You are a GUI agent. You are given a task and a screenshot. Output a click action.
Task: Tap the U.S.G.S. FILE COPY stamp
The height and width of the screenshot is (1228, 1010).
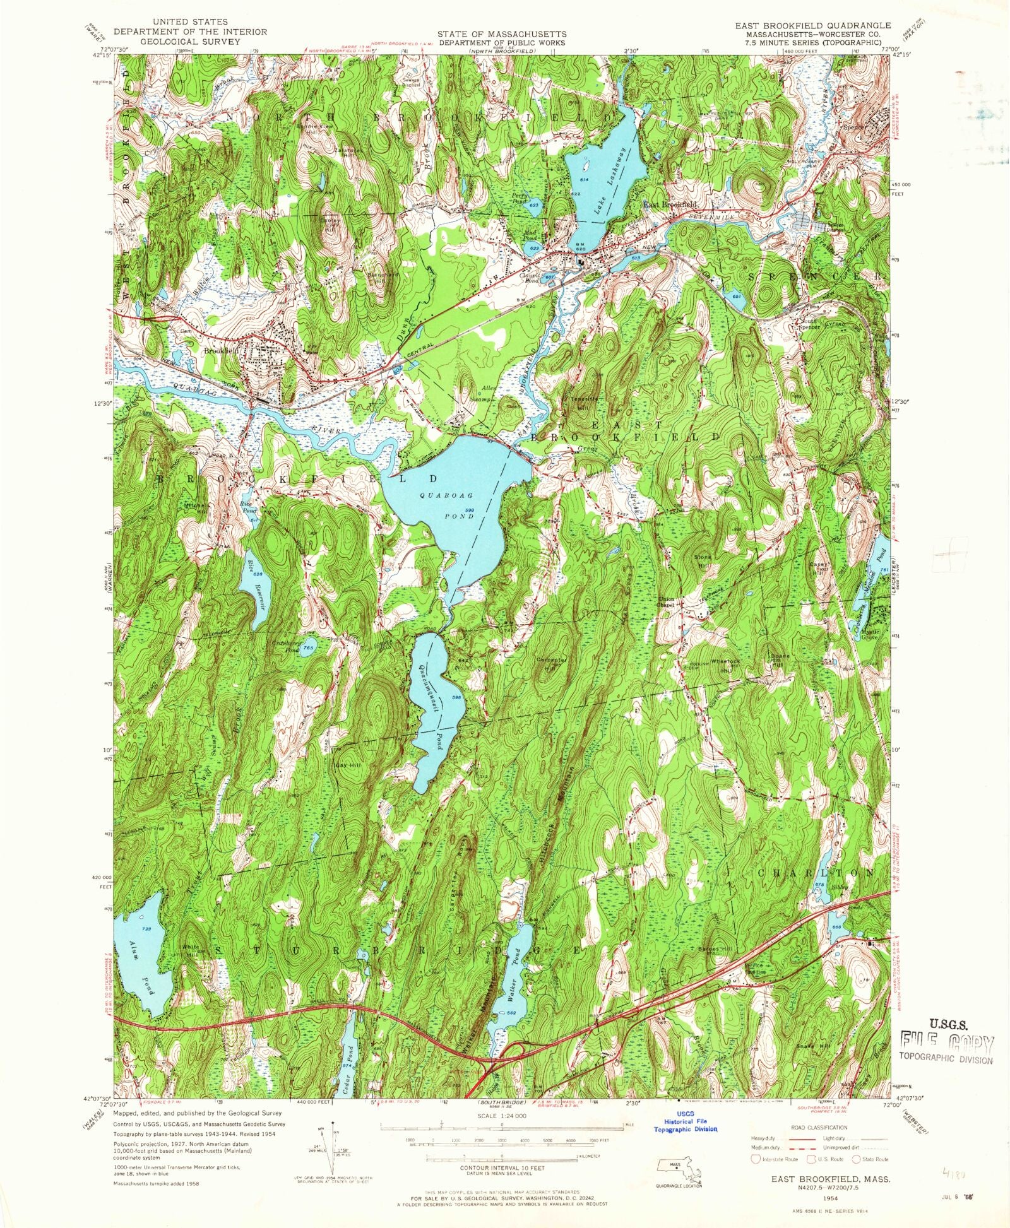click(x=946, y=1041)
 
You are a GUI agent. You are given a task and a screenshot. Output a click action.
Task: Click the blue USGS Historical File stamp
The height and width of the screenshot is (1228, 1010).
click(x=685, y=1125)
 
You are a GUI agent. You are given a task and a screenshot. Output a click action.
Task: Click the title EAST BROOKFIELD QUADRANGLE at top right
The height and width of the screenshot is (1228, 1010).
click(x=812, y=25)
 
